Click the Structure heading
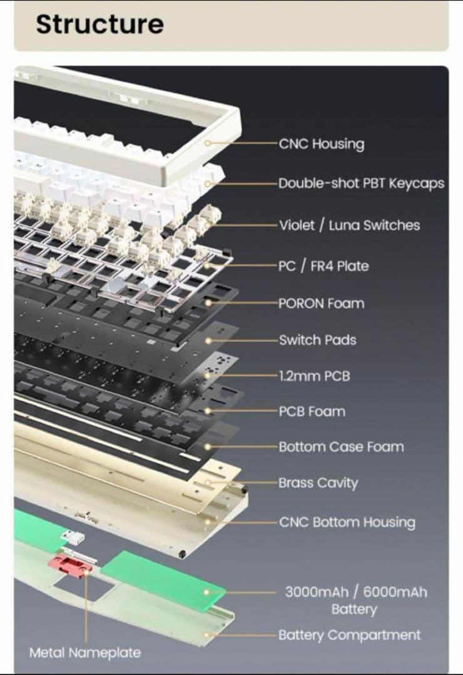[x=99, y=24]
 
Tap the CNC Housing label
[x=321, y=144]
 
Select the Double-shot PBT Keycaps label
[x=361, y=183]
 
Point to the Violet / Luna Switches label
[x=349, y=225]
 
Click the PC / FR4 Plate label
[x=323, y=266]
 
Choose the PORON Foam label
[x=321, y=304]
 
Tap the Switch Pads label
[x=317, y=340]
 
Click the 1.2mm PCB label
[x=314, y=376]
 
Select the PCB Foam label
[x=312, y=411]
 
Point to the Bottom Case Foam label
[x=341, y=447]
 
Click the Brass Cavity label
[x=318, y=483]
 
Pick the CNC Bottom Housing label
[x=347, y=522]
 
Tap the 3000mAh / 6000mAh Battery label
[x=356, y=601]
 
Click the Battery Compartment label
[x=349, y=635]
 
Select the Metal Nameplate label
[x=85, y=652]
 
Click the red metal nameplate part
[x=70, y=564]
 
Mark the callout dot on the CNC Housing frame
[x=208, y=142]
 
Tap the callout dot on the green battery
[x=206, y=592]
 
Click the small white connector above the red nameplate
[x=73, y=537]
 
